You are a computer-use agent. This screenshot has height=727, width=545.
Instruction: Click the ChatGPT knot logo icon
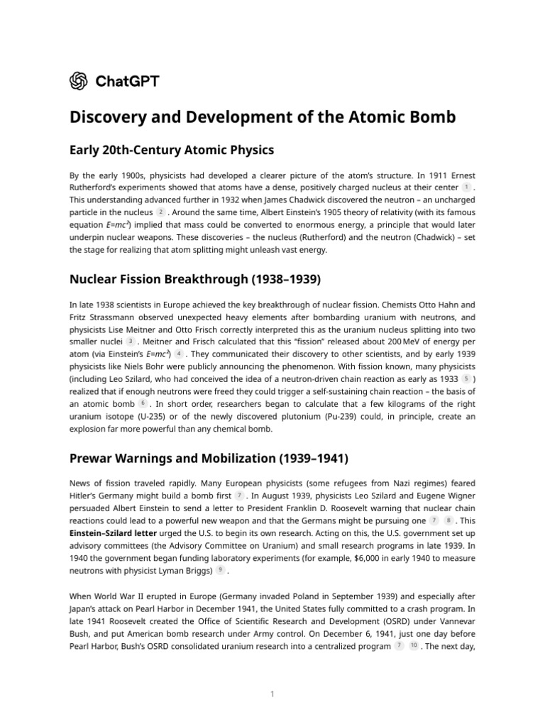tap(79, 81)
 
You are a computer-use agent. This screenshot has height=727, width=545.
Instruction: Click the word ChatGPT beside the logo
tap(127, 81)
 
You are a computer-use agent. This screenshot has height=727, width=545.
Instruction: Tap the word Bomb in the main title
tap(430, 117)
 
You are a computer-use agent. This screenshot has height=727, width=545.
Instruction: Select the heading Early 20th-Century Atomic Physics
tap(172, 150)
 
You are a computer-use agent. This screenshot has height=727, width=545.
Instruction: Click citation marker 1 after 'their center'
tap(466, 187)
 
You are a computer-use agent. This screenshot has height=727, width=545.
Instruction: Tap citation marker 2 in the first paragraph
tap(161, 212)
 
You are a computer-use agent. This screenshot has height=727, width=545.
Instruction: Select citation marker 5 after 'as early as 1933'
tap(466, 379)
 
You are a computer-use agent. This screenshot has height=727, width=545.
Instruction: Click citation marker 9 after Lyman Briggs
tap(221, 570)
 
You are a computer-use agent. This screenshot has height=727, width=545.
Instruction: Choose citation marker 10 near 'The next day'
tap(414, 646)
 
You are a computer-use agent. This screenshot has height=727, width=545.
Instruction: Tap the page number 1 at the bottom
tap(272, 694)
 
